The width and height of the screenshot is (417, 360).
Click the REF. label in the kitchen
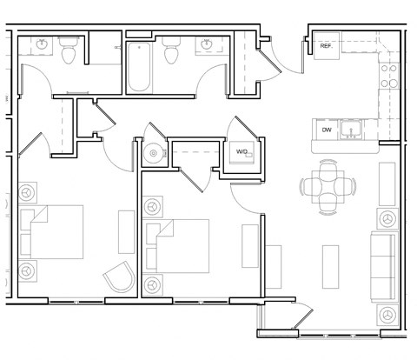pyautogui.click(x=327, y=46)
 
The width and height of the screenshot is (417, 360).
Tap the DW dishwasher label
pyautogui.click(x=327, y=130)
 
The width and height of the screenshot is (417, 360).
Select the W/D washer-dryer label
pyautogui.click(x=242, y=151)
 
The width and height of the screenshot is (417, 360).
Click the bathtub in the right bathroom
pyautogui.click(x=139, y=68)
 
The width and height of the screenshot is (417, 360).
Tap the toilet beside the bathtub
pyautogui.click(x=170, y=52)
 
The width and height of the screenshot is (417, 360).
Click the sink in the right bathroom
pyautogui.click(x=207, y=43)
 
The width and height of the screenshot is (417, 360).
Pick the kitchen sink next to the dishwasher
pyautogui.click(x=352, y=130)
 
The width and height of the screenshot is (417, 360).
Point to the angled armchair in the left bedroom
pyautogui.click(x=120, y=281)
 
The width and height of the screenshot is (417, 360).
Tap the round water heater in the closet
pyautogui.click(x=153, y=153)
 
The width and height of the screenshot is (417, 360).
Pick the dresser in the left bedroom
pyautogui.click(x=127, y=231)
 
